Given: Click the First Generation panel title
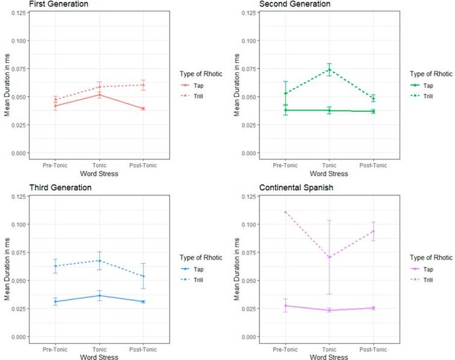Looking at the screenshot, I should [x=38, y=4].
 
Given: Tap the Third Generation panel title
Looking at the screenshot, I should [x=37, y=188].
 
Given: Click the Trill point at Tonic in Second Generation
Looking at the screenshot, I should [x=329, y=69].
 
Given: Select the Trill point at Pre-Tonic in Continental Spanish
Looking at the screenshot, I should [x=285, y=212].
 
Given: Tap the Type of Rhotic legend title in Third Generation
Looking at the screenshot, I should [x=200, y=258].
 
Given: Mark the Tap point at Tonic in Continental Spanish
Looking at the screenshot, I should [x=329, y=310].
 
